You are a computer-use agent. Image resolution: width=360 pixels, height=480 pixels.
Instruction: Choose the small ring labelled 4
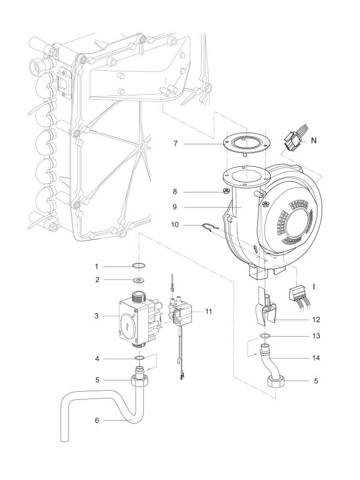tap(139, 359)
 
